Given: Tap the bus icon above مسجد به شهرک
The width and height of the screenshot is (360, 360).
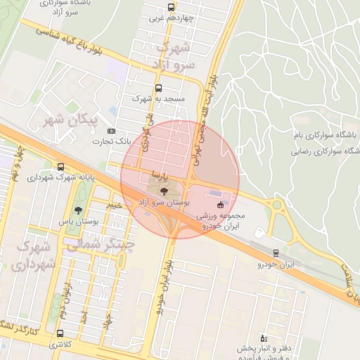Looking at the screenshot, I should point(157,89).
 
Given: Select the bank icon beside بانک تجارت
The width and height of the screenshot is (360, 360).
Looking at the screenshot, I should point(111,131).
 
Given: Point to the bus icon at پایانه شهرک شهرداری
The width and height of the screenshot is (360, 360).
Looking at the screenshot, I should point(61,167).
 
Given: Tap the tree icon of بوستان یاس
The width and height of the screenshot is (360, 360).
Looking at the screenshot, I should point(77,210).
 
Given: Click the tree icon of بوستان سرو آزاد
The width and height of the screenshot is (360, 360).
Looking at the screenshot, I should point(164,190).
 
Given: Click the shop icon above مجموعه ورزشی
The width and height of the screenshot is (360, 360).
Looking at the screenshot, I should point(222,205).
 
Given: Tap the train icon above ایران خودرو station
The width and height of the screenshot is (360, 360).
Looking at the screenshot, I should point(276,253).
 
